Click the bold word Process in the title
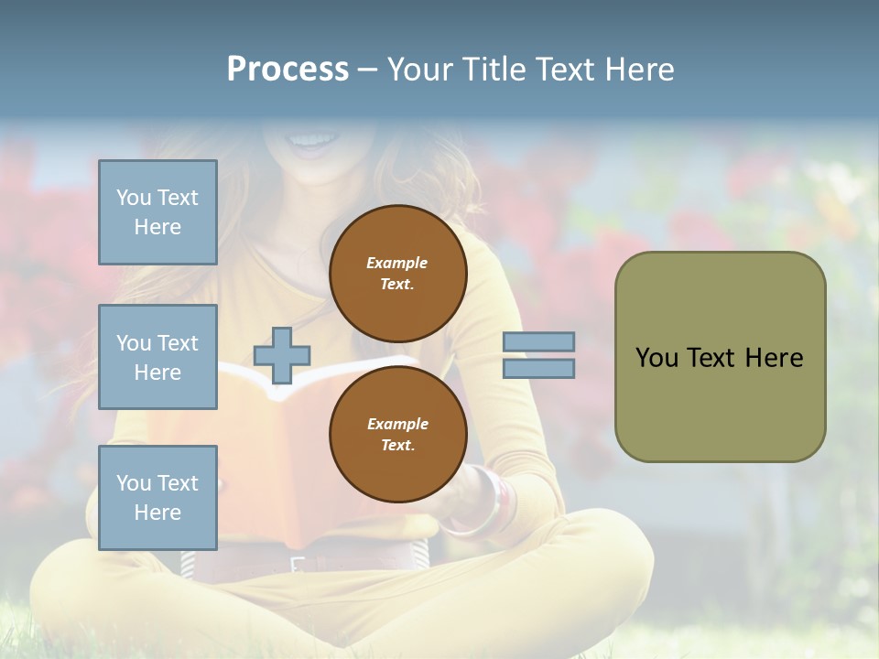click(x=288, y=70)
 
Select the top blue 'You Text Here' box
click(x=157, y=212)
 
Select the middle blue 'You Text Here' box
click(x=157, y=357)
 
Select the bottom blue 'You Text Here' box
click(x=157, y=497)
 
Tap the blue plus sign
click(x=282, y=354)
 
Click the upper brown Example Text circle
click(x=397, y=273)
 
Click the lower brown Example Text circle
click(x=397, y=434)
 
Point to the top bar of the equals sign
click(x=538, y=341)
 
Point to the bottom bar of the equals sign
click(x=538, y=368)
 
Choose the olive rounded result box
click(x=720, y=357)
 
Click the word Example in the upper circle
click(x=397, y=263)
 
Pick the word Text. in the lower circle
click(x=397, y=445)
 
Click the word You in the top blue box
click(x=134, y=198)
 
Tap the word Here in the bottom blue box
click(x=157, y=513)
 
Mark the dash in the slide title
click(x=367, y=70)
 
